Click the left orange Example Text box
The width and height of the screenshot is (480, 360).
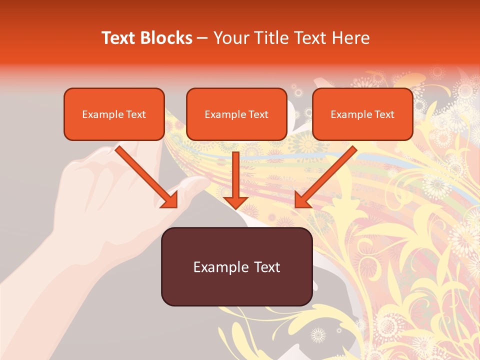[114, 114]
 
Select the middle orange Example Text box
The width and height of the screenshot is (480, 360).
[236, 114]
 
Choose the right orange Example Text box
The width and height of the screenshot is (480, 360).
[362, 114]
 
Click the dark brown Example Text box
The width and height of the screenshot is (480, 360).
[236, 266]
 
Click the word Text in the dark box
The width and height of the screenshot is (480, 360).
[264, 266]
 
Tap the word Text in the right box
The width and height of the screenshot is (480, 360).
[384, 114]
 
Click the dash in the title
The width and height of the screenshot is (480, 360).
[202, 38]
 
